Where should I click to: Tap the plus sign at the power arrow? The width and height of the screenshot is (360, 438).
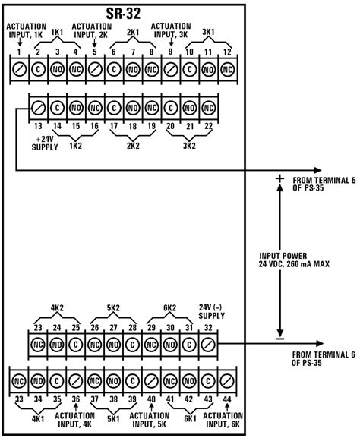point(279,178)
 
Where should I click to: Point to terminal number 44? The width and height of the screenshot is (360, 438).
point(228,399)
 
